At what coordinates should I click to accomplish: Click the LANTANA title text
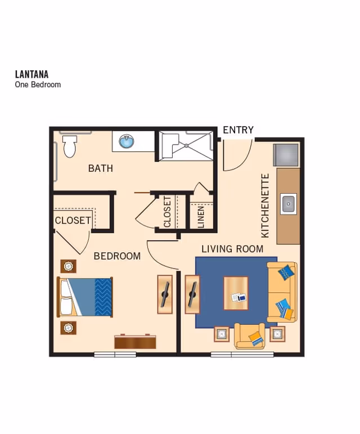(31, 74)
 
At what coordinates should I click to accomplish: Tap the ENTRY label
(238, 130)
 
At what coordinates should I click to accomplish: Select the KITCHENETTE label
(265, 205)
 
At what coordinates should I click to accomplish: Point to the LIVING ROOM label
(232, 249)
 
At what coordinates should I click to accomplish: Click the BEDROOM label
(117, 256)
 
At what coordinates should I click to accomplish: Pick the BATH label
(101, 168)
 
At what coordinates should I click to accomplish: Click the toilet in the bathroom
(70, 146)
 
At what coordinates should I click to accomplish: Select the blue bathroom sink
(127, 141)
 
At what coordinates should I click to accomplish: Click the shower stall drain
(186, 145)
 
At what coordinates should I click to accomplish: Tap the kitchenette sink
(289, 203)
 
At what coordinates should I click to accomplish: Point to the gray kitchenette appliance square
(286, 155)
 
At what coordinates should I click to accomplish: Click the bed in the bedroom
(85, 297)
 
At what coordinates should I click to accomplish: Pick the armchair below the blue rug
(249, 336)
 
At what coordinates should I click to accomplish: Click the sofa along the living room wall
(282, 292)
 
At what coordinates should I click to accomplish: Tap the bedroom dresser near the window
(135, 341)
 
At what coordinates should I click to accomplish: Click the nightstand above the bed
(69, 266)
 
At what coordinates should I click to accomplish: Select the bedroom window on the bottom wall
(115, 354)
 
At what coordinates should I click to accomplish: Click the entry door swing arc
(236, 156)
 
